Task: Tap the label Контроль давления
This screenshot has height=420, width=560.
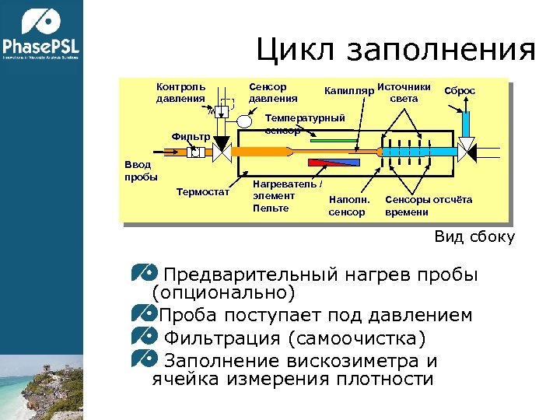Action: (180, 93)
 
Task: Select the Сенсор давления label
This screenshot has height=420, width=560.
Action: (272, 93)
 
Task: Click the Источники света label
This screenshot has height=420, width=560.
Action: (404, 92)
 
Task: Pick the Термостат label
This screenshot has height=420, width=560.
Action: (203, 192)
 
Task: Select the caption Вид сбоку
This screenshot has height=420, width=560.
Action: (474, 237)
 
